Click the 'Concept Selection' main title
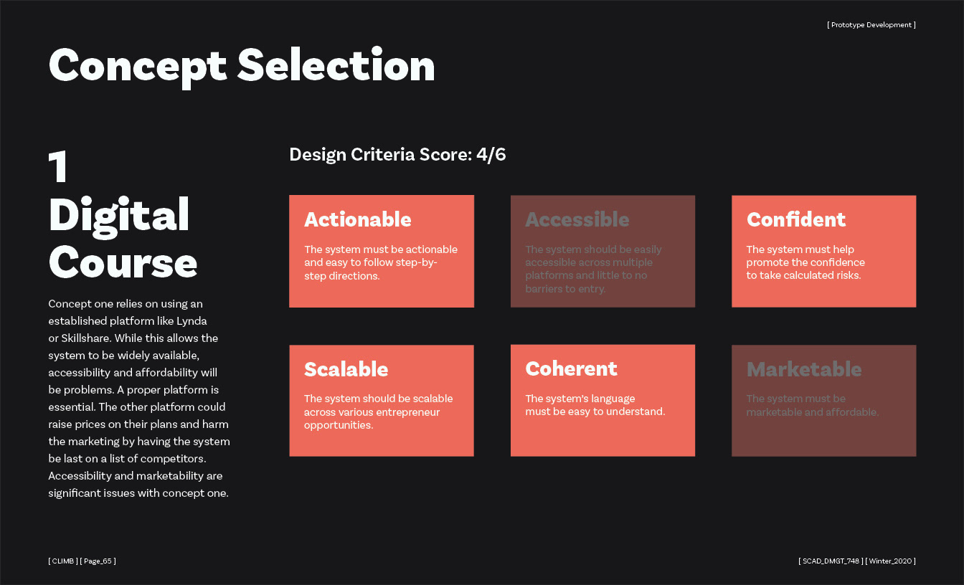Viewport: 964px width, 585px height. coord(242,66)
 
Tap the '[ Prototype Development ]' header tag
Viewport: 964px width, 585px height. coord(871,25)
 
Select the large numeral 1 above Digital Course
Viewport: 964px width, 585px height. coord(58,167)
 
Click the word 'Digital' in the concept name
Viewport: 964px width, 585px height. coord(119,217)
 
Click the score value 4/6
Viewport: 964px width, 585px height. coord(491,154)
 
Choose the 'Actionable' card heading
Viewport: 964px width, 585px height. coord(358,219)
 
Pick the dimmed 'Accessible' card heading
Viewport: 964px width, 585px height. coord(577,219)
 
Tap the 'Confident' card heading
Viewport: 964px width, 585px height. coord(796,219)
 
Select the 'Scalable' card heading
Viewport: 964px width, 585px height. coord(346,369)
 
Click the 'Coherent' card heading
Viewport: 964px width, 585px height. coord(571,368)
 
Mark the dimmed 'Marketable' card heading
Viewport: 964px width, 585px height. coord(804,369)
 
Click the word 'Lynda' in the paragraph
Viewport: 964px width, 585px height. coord(192,321)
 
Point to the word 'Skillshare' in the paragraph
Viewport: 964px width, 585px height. coord(85,338)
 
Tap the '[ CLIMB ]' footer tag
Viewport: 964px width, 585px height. coord(63,561)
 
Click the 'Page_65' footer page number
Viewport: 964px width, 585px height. coord(98,561)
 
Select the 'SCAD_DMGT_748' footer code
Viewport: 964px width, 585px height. coord(831,561)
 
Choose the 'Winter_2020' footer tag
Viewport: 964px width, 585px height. coord(890,561)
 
